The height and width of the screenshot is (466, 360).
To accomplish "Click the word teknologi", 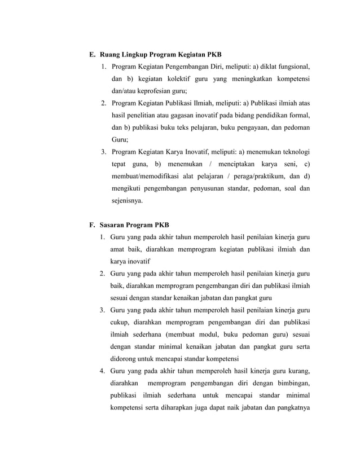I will tap(291, 152).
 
